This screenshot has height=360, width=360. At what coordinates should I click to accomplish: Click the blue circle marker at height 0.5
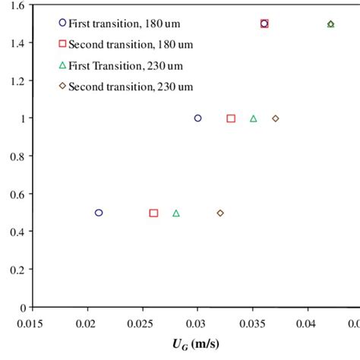point(99,213)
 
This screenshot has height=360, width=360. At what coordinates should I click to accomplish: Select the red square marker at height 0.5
point(153,213)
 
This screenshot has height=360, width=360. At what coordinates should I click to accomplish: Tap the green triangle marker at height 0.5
point(176,213)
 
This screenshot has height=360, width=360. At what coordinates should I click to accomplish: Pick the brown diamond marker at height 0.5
point(220,213)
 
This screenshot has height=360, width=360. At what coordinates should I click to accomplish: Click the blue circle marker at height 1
point(198,118)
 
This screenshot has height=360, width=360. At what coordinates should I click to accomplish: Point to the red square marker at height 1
point(231,118)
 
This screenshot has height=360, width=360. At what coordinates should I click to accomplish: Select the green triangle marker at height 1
point(254,118)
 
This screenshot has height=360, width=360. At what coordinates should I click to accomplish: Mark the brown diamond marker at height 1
point(276,118)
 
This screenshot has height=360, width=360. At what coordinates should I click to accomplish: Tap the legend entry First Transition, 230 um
point(120,65)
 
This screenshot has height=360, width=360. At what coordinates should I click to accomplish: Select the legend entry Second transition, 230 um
point(125,87)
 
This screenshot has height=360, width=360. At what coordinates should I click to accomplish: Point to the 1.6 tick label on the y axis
point(16,5)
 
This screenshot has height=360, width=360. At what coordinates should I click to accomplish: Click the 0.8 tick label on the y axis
point(16,156)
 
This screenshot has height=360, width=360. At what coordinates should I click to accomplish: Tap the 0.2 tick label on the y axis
point(16,270)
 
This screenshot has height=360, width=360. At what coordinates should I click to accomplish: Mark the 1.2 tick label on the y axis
point(16,81)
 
